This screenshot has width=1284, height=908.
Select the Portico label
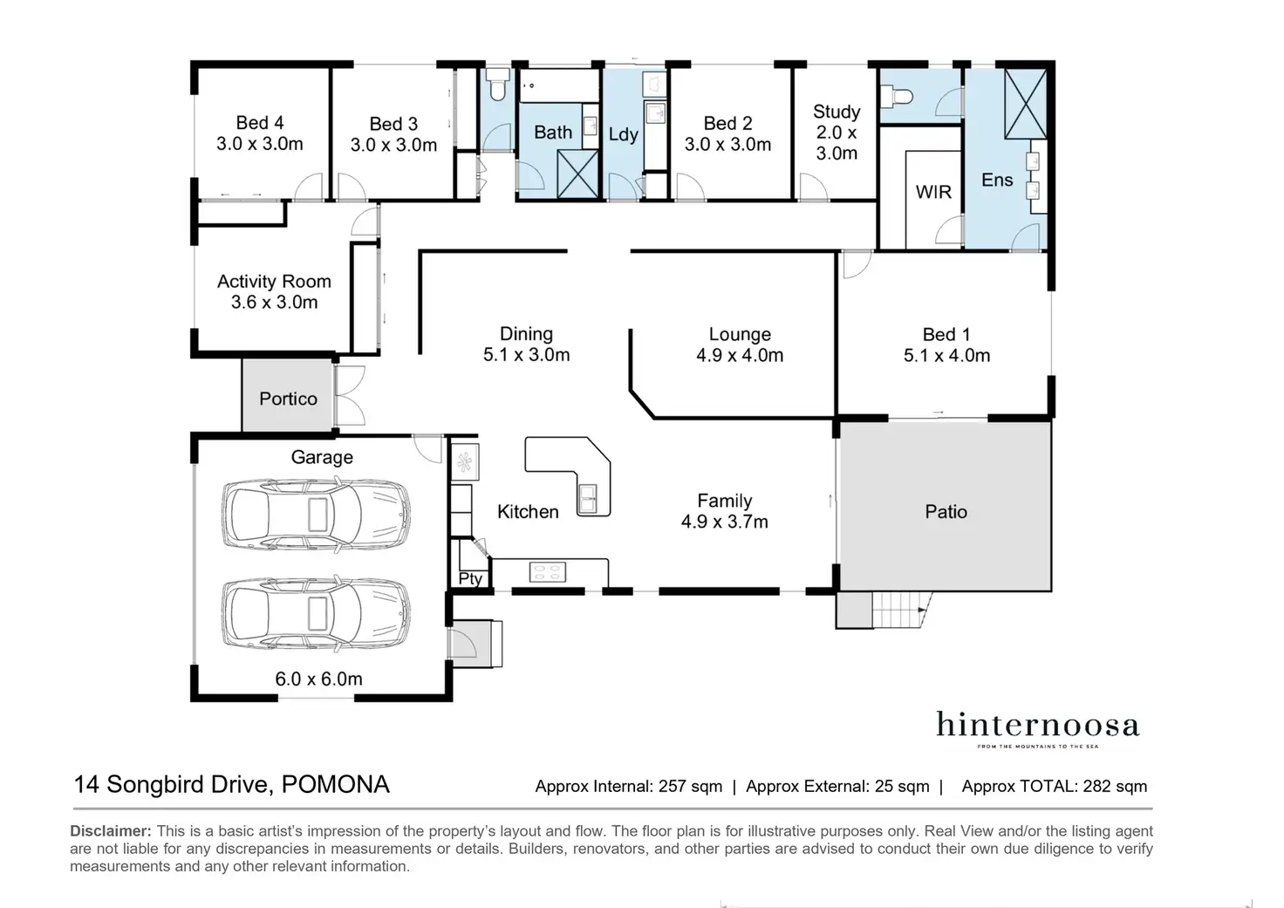(288, 399)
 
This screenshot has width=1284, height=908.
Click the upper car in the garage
(316, 515)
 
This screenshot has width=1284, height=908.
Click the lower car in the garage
(316, 614)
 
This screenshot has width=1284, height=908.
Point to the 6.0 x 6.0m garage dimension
(318, 679)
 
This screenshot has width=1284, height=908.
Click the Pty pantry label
(471, 578)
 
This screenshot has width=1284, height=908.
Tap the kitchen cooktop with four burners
(548, 571)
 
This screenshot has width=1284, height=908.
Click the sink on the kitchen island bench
(588, 499)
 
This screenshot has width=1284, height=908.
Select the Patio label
(946, 511)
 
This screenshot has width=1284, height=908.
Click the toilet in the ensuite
(896, 95)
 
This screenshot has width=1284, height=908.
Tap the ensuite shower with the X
(1026, 104)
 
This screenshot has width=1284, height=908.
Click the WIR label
(933, 192)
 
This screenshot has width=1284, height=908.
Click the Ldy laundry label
(623, 134)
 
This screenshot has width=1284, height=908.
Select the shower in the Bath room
(577, 174)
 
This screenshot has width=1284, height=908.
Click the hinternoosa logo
(1037, 728)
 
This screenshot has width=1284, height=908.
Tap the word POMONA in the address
(335, 784)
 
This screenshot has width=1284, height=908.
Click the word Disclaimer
(111, 830)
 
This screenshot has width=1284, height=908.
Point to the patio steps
(901, 610)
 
